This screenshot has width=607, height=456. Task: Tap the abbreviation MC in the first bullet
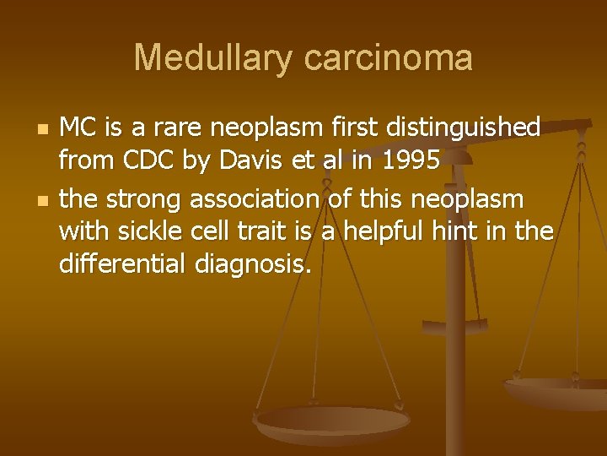[78, 128]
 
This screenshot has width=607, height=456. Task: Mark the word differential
[123, 265]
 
